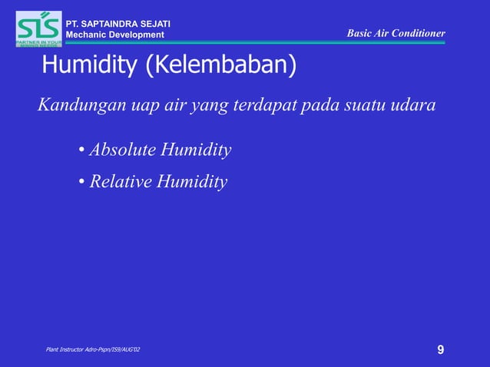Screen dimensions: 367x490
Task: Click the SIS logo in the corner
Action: (38, 28)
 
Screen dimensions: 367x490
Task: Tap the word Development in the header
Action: (135, 35)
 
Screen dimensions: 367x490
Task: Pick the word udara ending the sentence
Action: (414, 105)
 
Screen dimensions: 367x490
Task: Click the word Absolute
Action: (122, 150)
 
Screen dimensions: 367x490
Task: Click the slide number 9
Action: (440, 350)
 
